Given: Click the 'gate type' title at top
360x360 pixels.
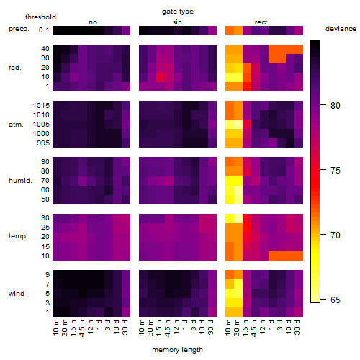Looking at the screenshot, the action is (178, 12).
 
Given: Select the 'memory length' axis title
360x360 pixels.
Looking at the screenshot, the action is (177, 350).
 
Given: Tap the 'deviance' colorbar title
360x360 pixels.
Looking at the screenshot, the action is (341, 29).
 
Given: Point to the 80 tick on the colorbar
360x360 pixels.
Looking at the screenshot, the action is (323, 105).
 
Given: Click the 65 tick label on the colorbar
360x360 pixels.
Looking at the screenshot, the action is (336, 300).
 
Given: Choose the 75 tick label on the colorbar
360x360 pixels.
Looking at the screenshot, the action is (336, 171).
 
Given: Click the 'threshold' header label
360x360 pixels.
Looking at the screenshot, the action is (40, 17).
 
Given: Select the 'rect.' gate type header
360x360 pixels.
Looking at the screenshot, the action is (261, 22).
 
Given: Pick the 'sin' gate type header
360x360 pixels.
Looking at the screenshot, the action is (177, 22).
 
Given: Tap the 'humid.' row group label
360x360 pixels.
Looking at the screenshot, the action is (20, 181).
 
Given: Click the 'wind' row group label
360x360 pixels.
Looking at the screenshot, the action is (17, 294).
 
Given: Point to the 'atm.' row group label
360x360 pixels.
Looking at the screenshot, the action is (16, 125).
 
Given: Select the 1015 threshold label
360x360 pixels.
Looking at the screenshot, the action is (41, 106).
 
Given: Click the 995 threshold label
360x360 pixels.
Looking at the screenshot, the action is (43, 143).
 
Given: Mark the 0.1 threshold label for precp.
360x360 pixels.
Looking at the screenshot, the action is (44, 30).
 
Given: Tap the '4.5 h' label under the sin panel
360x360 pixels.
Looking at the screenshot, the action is (168, 328).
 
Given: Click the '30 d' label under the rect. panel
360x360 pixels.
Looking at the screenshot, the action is (297, 328).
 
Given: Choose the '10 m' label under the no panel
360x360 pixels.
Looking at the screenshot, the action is (55, 328).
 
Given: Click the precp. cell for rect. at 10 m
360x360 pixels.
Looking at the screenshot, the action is (230, 30).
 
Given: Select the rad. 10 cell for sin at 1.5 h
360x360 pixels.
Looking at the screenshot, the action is (161, 77).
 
